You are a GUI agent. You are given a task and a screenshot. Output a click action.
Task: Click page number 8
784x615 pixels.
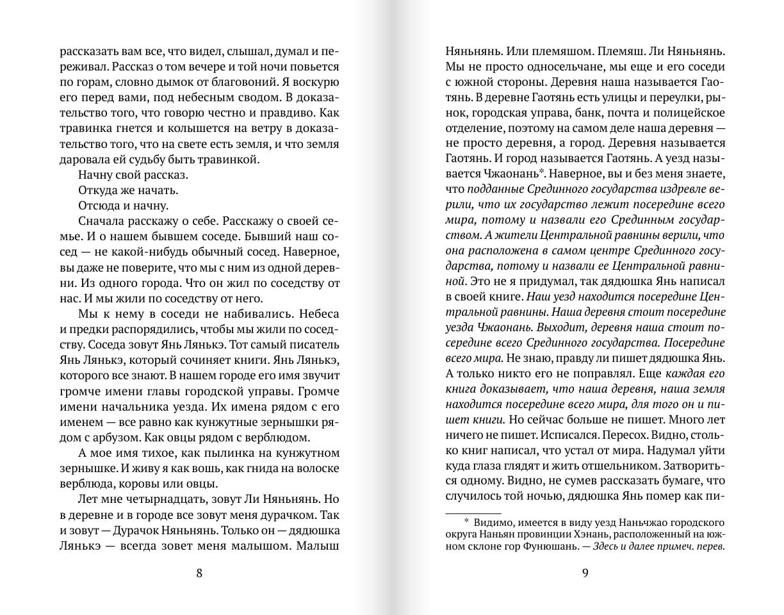[x=199, y=573]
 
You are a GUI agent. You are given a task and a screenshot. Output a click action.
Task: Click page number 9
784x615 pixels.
[x=585, y=573]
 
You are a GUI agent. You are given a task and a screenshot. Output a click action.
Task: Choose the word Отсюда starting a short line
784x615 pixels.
[x=97, y=206]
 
